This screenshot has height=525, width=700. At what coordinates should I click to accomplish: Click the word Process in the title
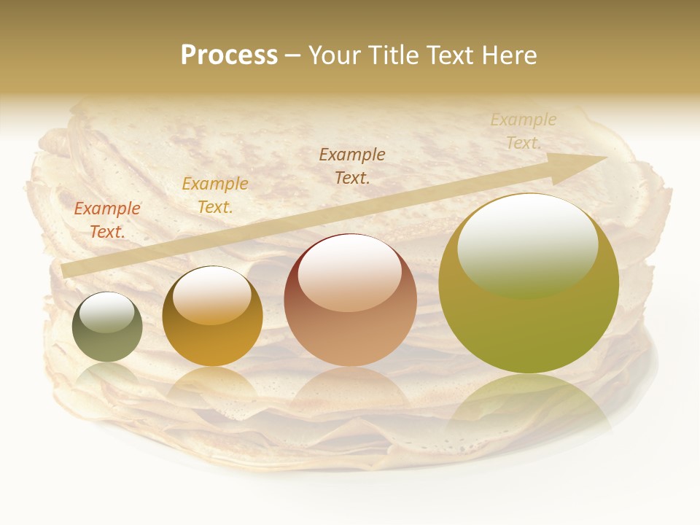229,55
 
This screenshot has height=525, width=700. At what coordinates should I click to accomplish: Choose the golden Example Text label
215,195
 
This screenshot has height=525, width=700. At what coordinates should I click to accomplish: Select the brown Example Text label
352,166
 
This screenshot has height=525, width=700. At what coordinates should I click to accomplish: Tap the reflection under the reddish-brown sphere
350,394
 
